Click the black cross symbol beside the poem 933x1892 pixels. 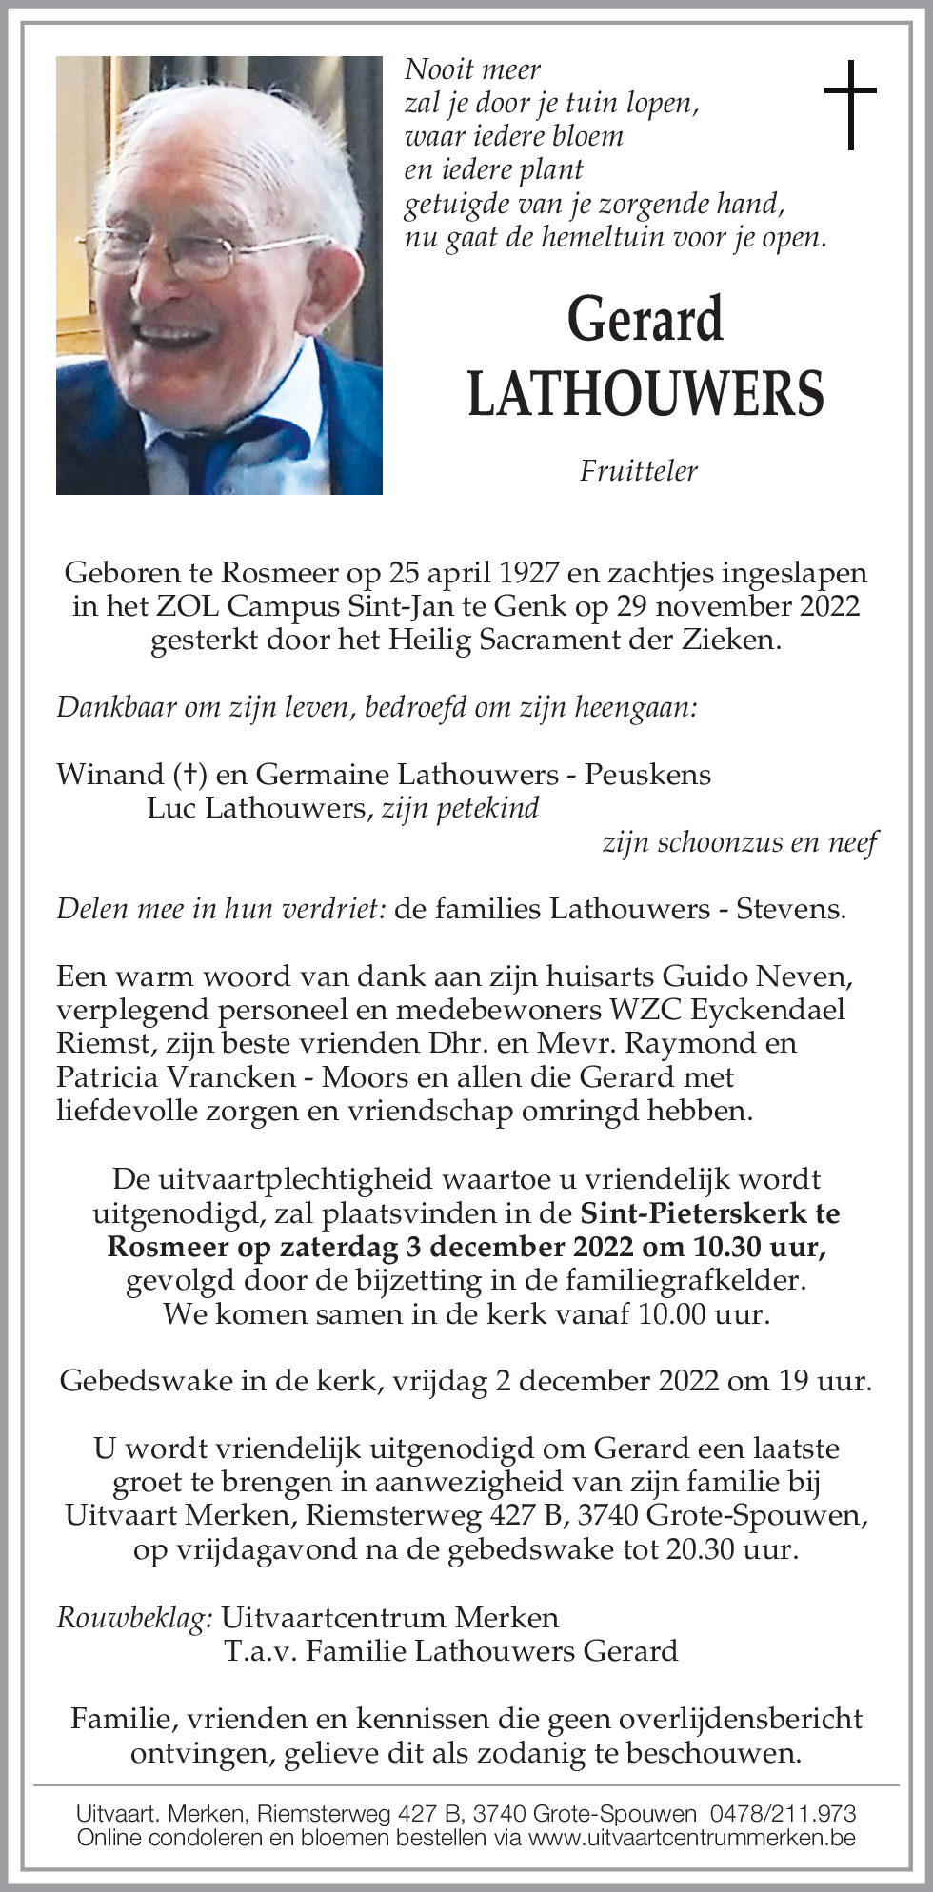(849, 105)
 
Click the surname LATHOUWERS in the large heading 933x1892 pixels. (645, 394)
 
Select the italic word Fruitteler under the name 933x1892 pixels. (639, 470)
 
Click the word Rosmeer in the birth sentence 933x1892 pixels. (279, 573)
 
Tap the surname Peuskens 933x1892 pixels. (647, 775)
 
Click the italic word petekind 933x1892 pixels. (487, 808)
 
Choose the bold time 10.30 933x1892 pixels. (729, 1247)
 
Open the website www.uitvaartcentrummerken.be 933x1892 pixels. (691, 1838)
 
